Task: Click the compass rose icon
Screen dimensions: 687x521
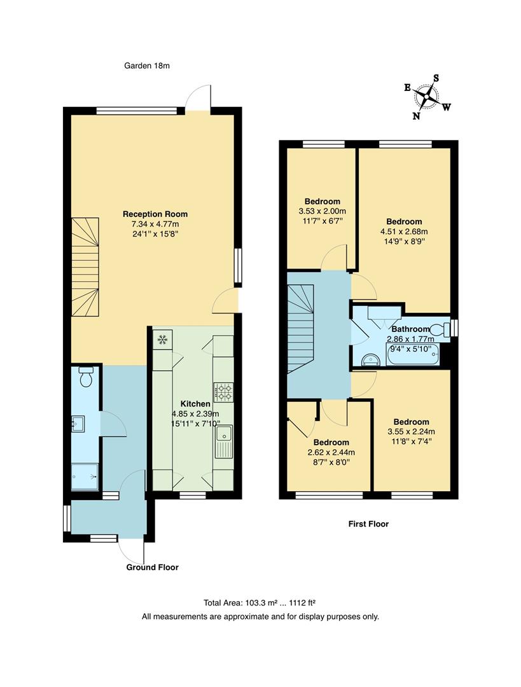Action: point(427,96)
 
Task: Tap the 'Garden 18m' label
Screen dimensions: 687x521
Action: point(148,65)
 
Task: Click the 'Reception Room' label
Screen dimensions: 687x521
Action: point(155,214)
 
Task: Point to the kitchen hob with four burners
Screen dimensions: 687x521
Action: point(223,391)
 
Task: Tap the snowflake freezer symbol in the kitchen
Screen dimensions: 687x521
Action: point(162,340)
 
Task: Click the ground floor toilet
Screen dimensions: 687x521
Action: point(86,377)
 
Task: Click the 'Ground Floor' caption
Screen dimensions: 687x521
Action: point(152,567)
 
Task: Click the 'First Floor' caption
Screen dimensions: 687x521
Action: point(368,524)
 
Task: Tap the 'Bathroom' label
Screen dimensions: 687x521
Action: point(410,329)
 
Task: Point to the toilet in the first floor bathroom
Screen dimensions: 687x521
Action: point(438,329)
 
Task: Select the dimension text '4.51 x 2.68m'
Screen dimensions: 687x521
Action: point(404,232)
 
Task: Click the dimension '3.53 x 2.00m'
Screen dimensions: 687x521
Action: point(322,211)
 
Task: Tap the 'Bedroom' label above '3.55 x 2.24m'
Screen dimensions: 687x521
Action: point(411,422)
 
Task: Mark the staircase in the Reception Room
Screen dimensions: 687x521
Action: point(86,268)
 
